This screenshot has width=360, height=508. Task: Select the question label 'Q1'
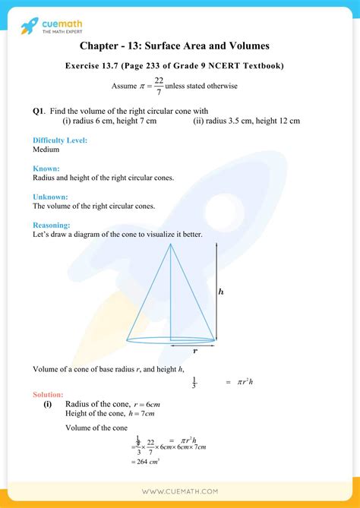39,111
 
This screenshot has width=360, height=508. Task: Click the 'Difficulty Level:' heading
60,140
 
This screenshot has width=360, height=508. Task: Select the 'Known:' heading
46,169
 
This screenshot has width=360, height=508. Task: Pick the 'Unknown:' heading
50,197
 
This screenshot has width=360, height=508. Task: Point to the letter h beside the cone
221,292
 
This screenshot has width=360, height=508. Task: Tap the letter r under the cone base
194,351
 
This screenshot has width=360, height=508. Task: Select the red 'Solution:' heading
49,395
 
